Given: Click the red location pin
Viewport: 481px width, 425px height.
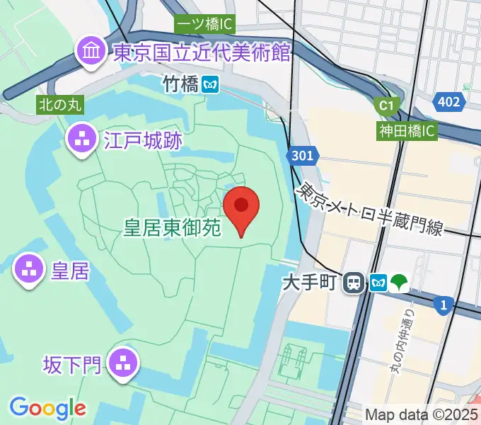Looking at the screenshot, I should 241,206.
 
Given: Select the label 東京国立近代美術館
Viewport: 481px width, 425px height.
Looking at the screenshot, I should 202,52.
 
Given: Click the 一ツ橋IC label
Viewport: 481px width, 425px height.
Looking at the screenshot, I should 204,24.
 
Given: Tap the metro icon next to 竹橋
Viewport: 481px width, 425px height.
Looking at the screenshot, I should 209,84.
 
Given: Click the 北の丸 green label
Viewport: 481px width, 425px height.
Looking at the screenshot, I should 60,105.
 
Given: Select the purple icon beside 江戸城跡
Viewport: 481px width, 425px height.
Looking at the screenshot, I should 82,139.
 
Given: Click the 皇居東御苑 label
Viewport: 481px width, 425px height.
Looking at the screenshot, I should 173,227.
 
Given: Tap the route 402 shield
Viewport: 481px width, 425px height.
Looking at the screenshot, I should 448,102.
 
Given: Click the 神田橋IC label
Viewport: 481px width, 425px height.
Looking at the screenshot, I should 407,130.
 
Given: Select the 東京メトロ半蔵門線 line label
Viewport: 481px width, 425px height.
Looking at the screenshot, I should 371,209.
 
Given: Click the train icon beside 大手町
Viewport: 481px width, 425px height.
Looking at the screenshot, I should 353,283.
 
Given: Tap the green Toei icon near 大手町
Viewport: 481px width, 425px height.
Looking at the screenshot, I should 400,283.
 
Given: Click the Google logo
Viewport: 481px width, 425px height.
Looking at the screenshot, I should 47,408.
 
